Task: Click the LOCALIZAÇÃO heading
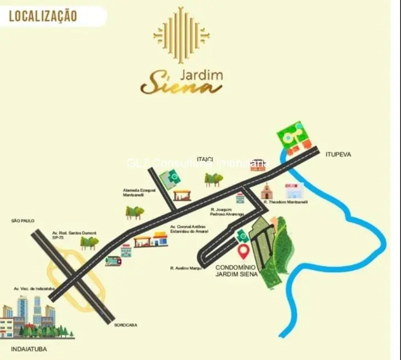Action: [43, 16]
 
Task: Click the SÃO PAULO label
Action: [23, 220]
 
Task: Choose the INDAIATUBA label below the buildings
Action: [28, 349]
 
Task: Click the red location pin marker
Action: [243, 252]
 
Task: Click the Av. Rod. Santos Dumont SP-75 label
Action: [66, 235]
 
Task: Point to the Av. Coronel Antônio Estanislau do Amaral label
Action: [188, 229]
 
